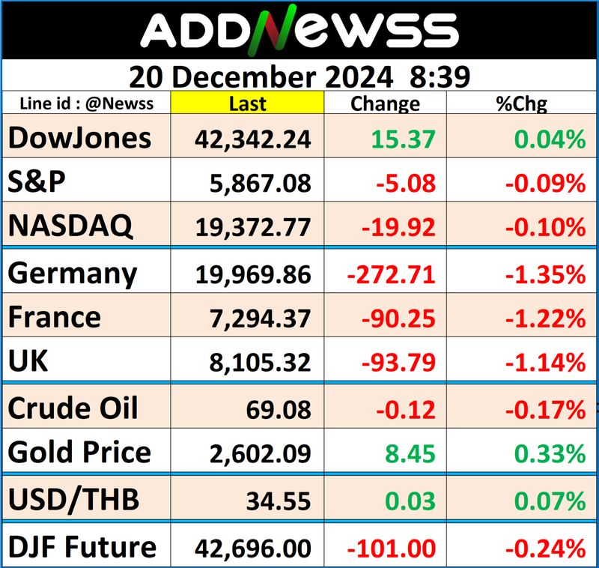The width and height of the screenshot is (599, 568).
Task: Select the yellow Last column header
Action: click(247, 103)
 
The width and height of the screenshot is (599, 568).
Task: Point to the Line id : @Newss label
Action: click(87, 103)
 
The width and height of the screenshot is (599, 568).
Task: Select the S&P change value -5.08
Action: click(408, 182)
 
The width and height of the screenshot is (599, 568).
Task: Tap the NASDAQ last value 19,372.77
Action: click(252, 225)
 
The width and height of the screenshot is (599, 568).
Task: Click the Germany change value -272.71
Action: click(391, 274)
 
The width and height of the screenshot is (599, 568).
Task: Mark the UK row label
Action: click(28, 361)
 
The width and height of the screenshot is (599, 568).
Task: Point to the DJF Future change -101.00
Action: click(391, 548)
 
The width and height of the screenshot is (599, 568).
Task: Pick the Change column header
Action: click(385, 103)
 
